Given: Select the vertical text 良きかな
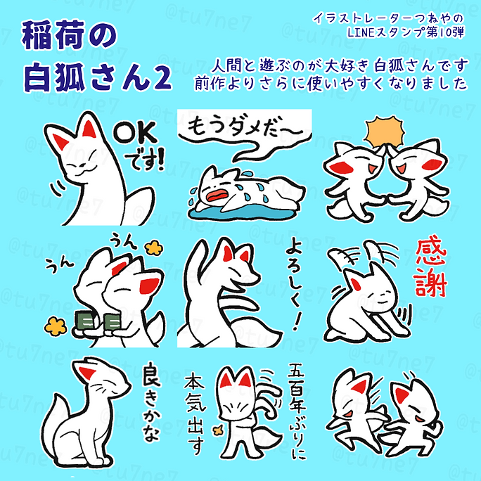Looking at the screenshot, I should [x=150, y=404].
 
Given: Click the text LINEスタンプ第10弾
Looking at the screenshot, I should [x=408, y=32].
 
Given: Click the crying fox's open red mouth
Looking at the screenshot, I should [x=220, y=190].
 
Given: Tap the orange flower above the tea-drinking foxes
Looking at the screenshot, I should [x=151, y=247].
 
